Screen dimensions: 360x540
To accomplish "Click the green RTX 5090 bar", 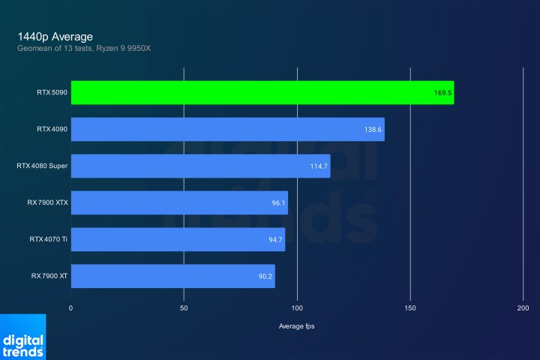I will (262, 92).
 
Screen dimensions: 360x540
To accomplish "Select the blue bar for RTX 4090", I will (227, 129).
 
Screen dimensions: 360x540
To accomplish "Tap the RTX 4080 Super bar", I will (200, 166).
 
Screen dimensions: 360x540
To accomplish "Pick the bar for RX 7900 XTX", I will (179, 202).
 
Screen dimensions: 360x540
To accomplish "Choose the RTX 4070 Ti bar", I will (178, 239).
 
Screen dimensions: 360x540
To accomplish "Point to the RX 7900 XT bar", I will (172, 276).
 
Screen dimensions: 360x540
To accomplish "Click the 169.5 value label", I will (441, 93).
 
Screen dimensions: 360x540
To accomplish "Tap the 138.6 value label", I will (373, 130).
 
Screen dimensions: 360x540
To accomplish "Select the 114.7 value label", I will (319, 166).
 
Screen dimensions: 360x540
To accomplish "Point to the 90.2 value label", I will (265, 277).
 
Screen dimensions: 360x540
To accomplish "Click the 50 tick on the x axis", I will (184, 308).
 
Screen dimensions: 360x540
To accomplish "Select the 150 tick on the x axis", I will (410, 308).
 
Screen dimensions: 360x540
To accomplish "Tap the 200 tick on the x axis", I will (523, 308).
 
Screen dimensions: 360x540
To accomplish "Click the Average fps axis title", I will (298, 325).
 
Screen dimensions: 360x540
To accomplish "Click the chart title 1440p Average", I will (55, 36).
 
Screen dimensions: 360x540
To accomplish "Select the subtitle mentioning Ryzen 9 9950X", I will (89, 49).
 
